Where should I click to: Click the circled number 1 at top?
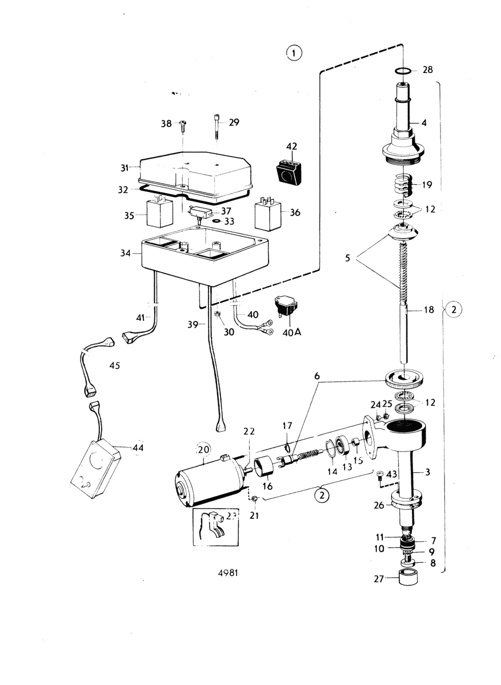coord(293,54)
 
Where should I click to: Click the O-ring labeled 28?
coord(403,71)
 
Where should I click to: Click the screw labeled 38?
coord(182,124)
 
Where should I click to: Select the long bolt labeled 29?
coord(217,130)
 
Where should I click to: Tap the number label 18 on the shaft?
coord(428,310)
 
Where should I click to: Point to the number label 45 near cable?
coord(114,366)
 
